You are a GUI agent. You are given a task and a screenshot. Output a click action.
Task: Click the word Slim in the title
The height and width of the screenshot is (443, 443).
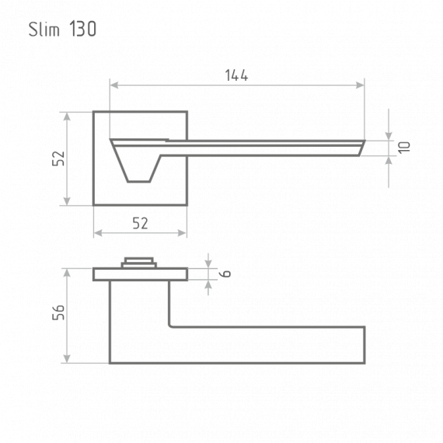(x=44, y=29)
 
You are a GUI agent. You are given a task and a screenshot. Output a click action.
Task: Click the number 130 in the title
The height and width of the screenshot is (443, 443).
(x=83, y=29)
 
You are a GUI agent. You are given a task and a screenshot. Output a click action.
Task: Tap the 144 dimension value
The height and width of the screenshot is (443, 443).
(x=236, y=75)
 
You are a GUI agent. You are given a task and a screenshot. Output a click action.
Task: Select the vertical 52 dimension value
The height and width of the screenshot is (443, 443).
(x=58, y=159)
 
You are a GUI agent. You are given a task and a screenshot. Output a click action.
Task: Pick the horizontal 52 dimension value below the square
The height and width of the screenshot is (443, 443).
(x=140, y=223)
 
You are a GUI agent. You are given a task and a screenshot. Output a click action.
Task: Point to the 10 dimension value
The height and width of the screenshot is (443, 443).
(x=404, y=148)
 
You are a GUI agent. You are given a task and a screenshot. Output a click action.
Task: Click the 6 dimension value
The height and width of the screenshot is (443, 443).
(x=225, y=274)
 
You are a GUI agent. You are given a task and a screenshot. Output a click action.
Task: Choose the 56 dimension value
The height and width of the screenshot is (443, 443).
(x=58, y=312)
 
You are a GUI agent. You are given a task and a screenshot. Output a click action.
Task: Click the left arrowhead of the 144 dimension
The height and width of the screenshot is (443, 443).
(x=114, y=85)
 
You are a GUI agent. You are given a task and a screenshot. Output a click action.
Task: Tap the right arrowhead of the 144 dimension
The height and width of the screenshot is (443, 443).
(x=360, y=85)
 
